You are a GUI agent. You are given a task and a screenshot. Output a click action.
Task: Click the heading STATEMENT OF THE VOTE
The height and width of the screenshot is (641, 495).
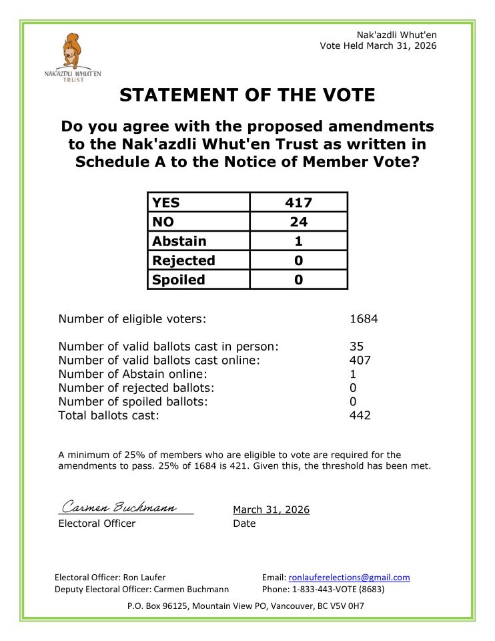coord(247,95)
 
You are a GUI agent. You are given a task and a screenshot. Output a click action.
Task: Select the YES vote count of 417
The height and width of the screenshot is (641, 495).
coord(298,202)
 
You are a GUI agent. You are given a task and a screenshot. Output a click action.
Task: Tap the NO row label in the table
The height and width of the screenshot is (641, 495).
coord(163,222)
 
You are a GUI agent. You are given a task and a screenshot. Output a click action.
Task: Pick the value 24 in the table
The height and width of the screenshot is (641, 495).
coord(298,222)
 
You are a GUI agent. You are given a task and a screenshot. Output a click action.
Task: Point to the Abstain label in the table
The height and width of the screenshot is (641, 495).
coord(179,241)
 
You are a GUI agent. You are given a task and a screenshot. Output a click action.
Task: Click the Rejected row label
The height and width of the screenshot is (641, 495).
coord(183,260)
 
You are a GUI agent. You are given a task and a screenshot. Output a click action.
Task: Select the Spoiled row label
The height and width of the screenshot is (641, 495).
coord(178,280)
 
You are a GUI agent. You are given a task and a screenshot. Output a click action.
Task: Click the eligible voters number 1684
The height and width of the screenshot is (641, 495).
coord(364,318)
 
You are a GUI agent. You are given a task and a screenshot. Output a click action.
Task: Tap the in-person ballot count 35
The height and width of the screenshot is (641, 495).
coord(356,346)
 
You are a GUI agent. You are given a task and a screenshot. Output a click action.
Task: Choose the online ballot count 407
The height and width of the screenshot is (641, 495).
coord(360,360)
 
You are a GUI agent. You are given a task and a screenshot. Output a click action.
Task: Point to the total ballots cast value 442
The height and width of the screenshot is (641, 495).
coord(360,415)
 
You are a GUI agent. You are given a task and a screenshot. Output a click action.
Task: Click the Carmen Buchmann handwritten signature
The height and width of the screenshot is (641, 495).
coord(119,508)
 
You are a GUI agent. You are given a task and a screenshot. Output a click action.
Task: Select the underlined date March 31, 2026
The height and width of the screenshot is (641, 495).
coord(271,509)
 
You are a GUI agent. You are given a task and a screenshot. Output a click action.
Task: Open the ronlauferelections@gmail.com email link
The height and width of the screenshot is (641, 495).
coord(349,578)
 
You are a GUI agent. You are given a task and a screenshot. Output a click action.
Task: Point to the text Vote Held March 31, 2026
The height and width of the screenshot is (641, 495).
coord(378,45)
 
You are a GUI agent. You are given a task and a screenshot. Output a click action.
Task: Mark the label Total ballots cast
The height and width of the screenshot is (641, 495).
coord(109,415)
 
